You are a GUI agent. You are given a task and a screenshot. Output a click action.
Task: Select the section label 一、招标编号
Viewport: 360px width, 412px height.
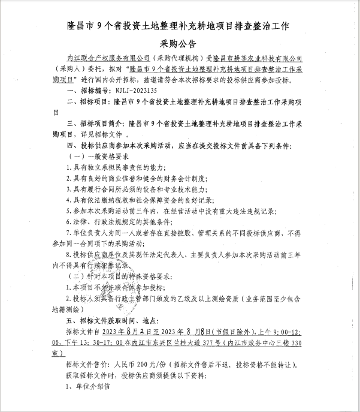click(84, 89)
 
